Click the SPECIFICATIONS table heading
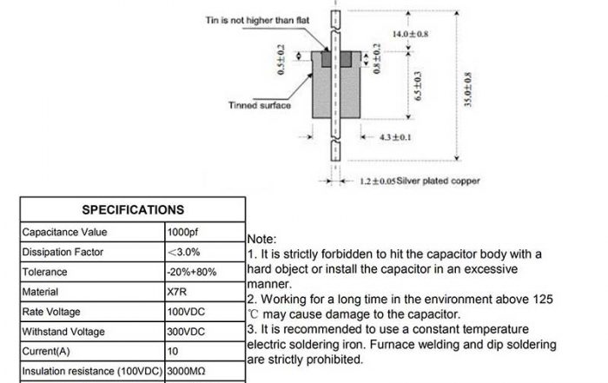pyautogui.click(x=133, y=209)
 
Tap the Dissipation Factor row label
pyautogui.click(x=63, y=252)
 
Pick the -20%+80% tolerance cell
pyautogui.click(x=191, y=272)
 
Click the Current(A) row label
pyautogui.click(x=49, y=352)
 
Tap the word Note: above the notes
pyautogui.click(x=262, y=239)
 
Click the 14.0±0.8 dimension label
pyautogui.click(x=411, y=34)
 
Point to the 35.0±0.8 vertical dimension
pyautogui.click(x=466, y=89)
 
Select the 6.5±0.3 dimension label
pyautogui.click(x=418, y=88)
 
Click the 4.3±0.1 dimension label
pyautogui.click(x=395, y=137)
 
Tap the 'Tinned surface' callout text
pyautogui.click(x=260, y=106)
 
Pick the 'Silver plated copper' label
pyautogui.click(x=439, y=182)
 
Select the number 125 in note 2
pyautogui.click(x=542, y=298)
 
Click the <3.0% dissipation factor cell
pyautogui.click(x=183, y=252)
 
